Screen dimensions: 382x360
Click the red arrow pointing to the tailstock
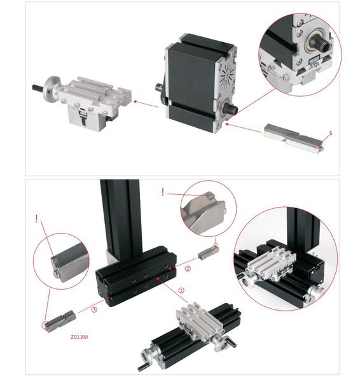coord(146,104)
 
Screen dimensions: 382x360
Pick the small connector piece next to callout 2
coord(208,252)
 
